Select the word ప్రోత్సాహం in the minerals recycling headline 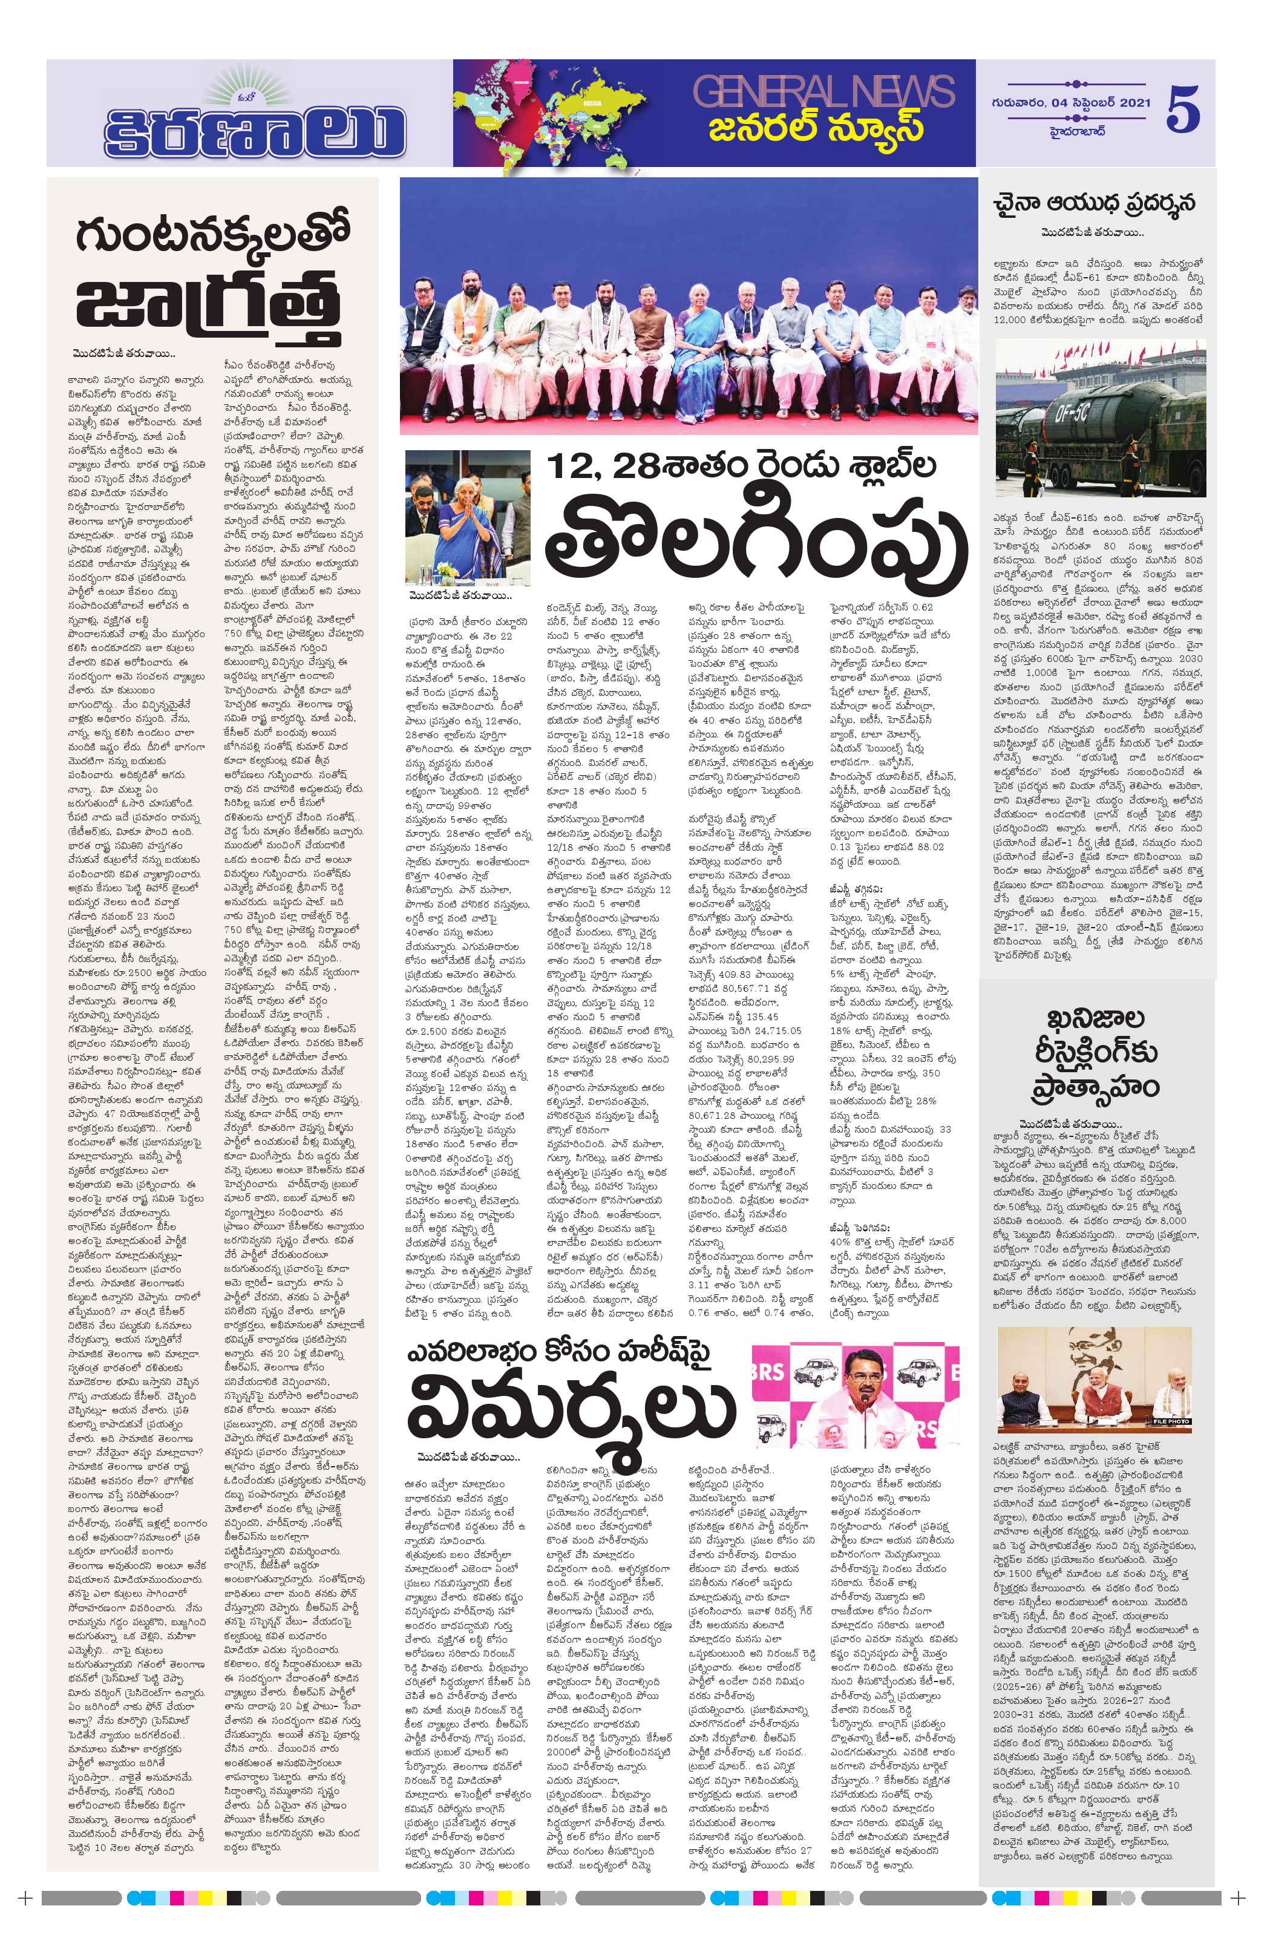1095,1087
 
